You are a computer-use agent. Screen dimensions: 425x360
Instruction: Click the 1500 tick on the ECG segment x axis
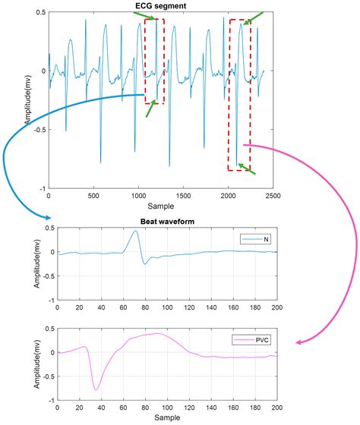(183, 195)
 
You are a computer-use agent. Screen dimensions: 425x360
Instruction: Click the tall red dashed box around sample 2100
(239, 95)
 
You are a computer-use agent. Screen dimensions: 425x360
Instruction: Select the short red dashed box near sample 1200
(154, 61)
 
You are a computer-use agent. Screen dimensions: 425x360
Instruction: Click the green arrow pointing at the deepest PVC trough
(247, 168)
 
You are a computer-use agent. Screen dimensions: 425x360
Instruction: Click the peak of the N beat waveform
(134, 231)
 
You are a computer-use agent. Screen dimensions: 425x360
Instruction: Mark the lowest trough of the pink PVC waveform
(96, 389)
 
